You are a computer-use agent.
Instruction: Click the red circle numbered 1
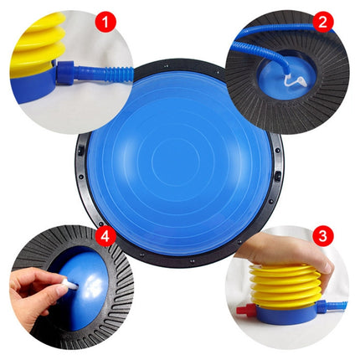[105, 22]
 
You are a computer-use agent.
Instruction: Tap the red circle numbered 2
[323, 22]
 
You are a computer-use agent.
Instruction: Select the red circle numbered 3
[323, 236]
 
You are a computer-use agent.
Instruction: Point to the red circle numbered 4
[105, 237]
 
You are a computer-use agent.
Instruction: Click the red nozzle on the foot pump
[243, 309]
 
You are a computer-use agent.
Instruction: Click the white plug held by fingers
[69, 285]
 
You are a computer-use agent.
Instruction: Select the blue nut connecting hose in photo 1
[65, 73]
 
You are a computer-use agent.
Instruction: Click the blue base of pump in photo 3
[287, 314]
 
